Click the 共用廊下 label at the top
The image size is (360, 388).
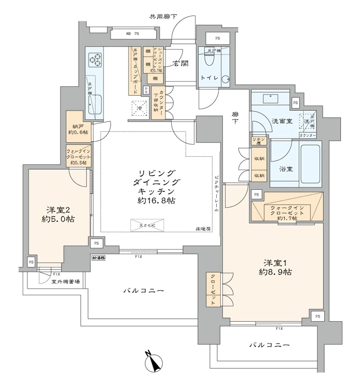coord(163,17)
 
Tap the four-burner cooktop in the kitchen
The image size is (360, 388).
coord(95,61)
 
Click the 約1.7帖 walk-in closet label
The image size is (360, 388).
coord(287,212)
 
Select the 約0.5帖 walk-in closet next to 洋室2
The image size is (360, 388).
coord(78,156)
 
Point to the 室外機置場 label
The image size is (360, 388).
coord(65,282)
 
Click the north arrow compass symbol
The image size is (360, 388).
coord(154,361)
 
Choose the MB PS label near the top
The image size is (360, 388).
coord(133,34)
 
